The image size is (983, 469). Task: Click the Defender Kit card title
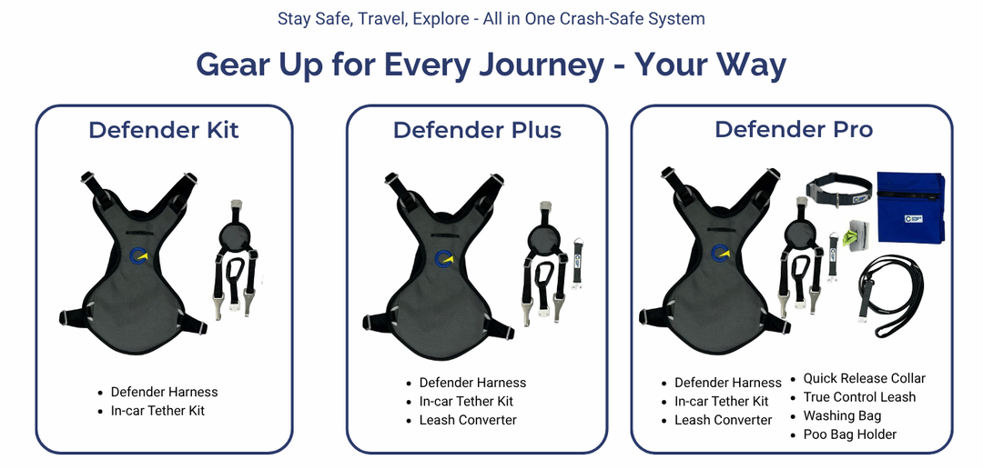(164, 130)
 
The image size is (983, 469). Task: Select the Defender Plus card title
(477, 130)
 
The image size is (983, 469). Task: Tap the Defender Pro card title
(794, 129)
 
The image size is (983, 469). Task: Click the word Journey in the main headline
(540, 65)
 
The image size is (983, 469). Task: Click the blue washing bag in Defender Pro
(910, 207)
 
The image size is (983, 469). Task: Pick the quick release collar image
(838, 190)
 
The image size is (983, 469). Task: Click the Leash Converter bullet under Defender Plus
(468, 420)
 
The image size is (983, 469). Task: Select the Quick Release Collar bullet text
(864, 378)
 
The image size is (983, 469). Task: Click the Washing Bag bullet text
(842, 415)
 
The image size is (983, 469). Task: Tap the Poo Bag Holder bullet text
(849, 434)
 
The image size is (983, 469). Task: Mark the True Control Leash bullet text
(859, 397)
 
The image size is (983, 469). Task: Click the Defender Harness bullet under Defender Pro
(728, 383)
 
